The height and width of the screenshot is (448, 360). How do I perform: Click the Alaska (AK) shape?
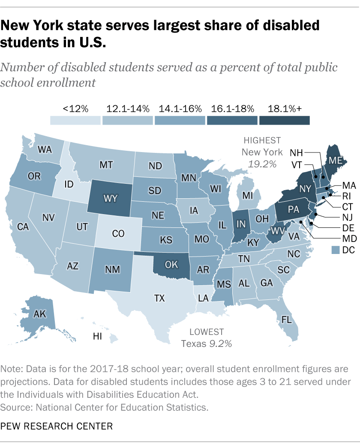(41, 314)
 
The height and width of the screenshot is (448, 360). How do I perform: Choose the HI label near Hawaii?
(98, 337)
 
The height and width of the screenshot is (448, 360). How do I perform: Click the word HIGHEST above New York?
(262, 140)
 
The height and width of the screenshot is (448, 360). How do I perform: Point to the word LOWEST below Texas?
(207, 332)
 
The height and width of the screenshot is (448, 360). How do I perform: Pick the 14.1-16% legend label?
(180, 108)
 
